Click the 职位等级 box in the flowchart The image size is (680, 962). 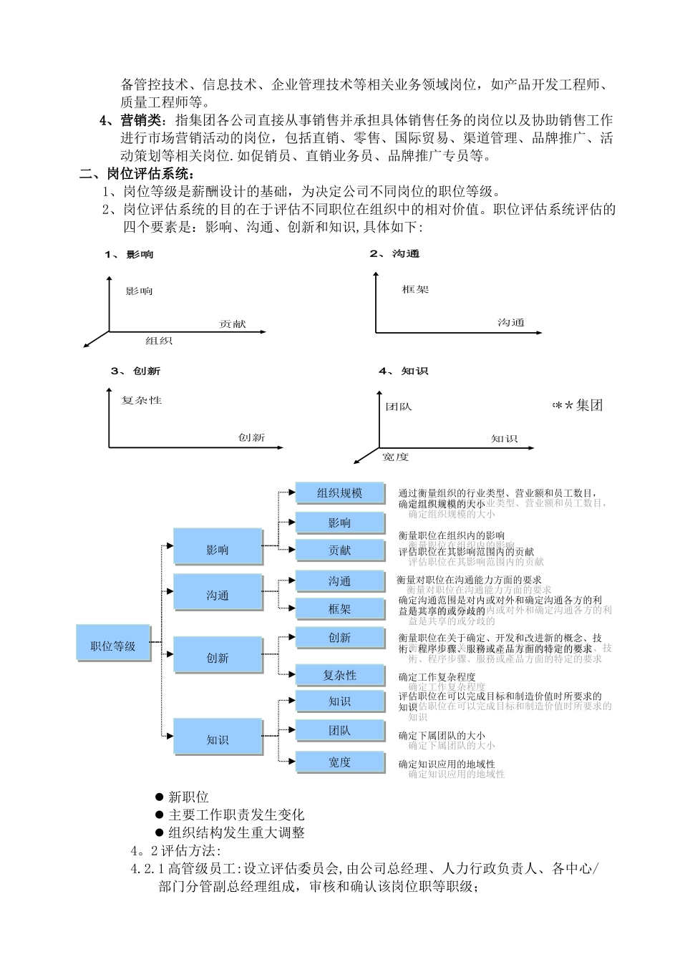(113, 646)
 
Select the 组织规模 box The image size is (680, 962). (339, 493)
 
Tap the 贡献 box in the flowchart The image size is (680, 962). (339, 550)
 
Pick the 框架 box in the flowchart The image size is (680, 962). (339, 609)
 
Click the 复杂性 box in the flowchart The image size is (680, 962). (339, 676)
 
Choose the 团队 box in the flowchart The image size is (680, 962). (339, 731)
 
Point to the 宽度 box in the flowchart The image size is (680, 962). (339, 762)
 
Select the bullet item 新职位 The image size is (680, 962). (188, 797)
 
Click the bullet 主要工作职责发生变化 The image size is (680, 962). (236, 815)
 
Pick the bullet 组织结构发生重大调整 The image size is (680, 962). (236, 833)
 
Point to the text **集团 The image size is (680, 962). (578, 406)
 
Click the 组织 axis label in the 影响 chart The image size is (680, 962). (159, 341)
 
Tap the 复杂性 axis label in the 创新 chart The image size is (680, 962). (142, 400)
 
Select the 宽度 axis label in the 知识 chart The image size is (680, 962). (395, 456)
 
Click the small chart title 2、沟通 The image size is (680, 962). (394, 254)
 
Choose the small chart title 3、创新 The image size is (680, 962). (136, 371)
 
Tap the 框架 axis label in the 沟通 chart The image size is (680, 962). (415, 290)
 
